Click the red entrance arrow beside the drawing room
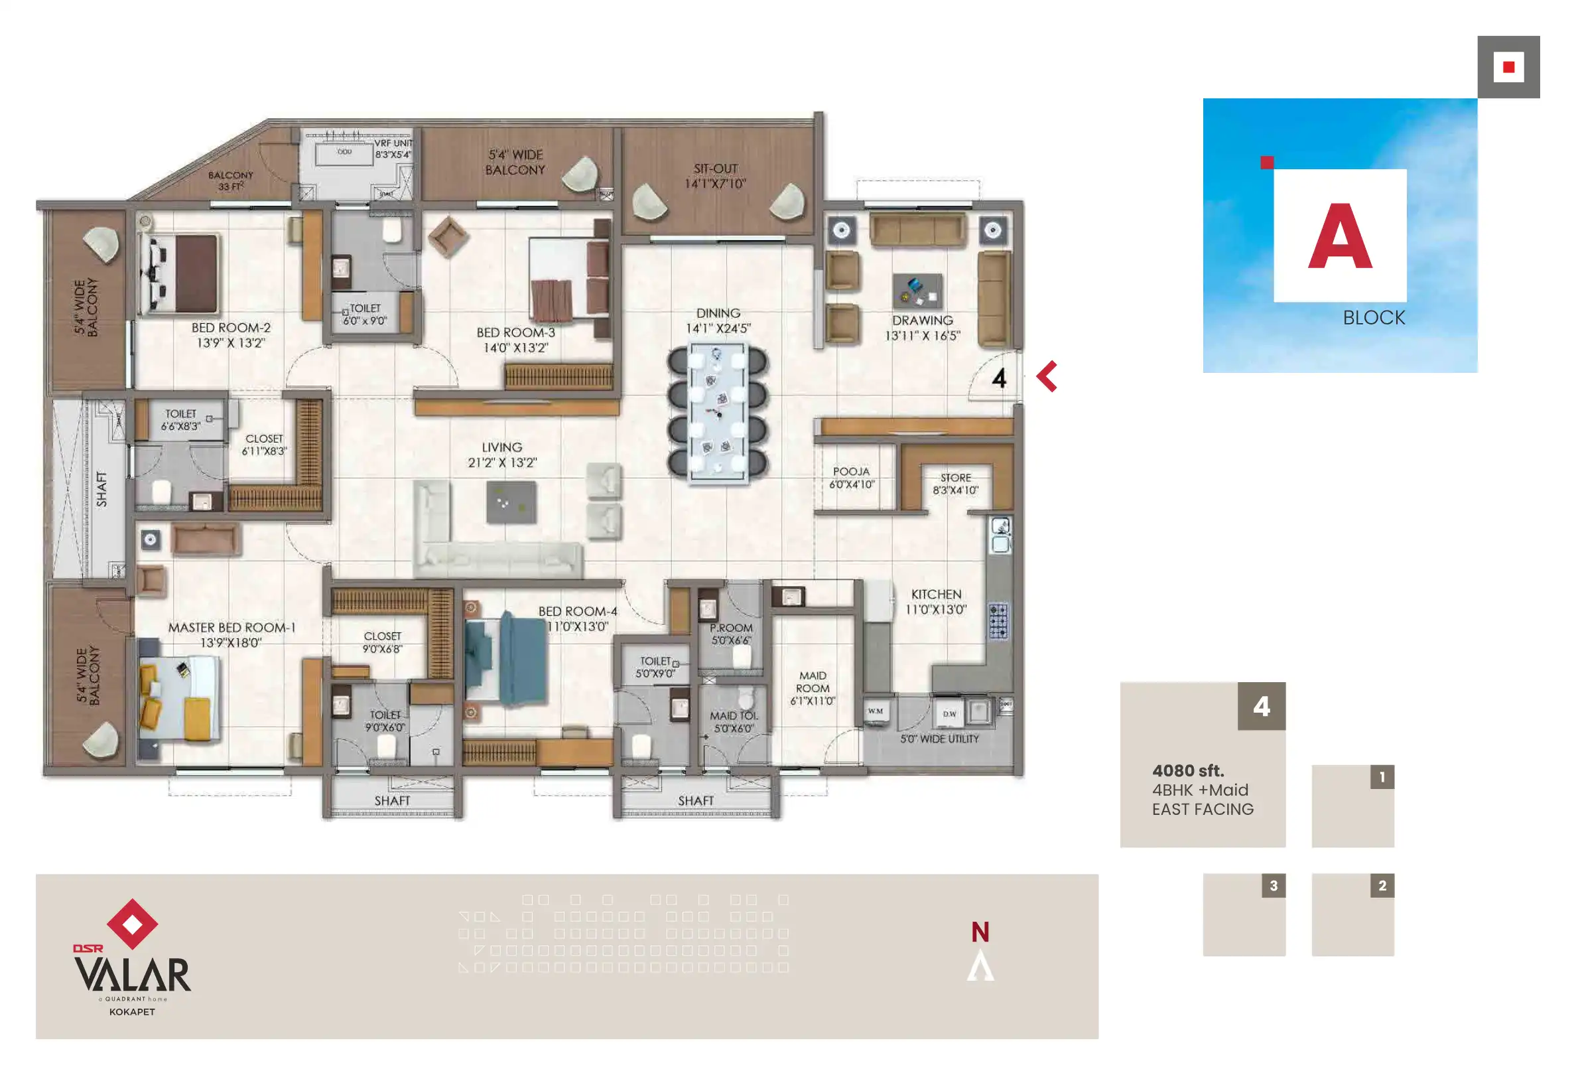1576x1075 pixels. click(x=1047, y=376)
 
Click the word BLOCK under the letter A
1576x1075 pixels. click(x=1374, y=317)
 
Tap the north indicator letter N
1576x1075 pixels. click(x=980, y=932)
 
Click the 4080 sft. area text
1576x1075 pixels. click(x=1187, y=770)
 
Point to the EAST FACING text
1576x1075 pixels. click(x=1203, y=809)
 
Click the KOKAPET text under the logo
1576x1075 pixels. click(x=132, y=1011)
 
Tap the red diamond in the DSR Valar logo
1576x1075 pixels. click(x=132, y=923)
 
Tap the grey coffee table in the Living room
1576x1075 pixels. click(x=511, y=502)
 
